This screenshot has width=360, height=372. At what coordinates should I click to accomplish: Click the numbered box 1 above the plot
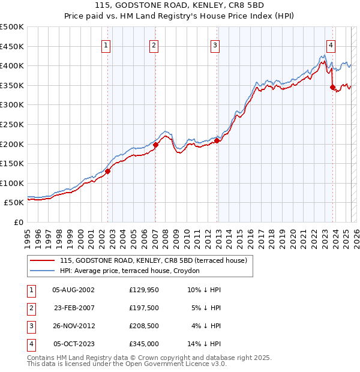[106, 45]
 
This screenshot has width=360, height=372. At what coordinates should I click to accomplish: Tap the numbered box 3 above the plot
[215, 45]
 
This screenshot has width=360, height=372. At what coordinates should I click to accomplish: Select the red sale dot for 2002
[108, 171]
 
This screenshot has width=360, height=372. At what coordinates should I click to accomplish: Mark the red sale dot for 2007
[155, 145]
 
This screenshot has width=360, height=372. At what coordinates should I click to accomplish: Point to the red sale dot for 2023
[332, 87]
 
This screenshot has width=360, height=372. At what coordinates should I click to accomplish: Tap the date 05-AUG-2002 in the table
[73, 289]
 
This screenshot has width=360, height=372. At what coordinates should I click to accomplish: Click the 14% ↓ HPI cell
[205, 344]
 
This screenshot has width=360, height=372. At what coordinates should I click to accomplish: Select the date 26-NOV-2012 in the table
[73, 326]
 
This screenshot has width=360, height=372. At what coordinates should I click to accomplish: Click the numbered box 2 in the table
[31, 308]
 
